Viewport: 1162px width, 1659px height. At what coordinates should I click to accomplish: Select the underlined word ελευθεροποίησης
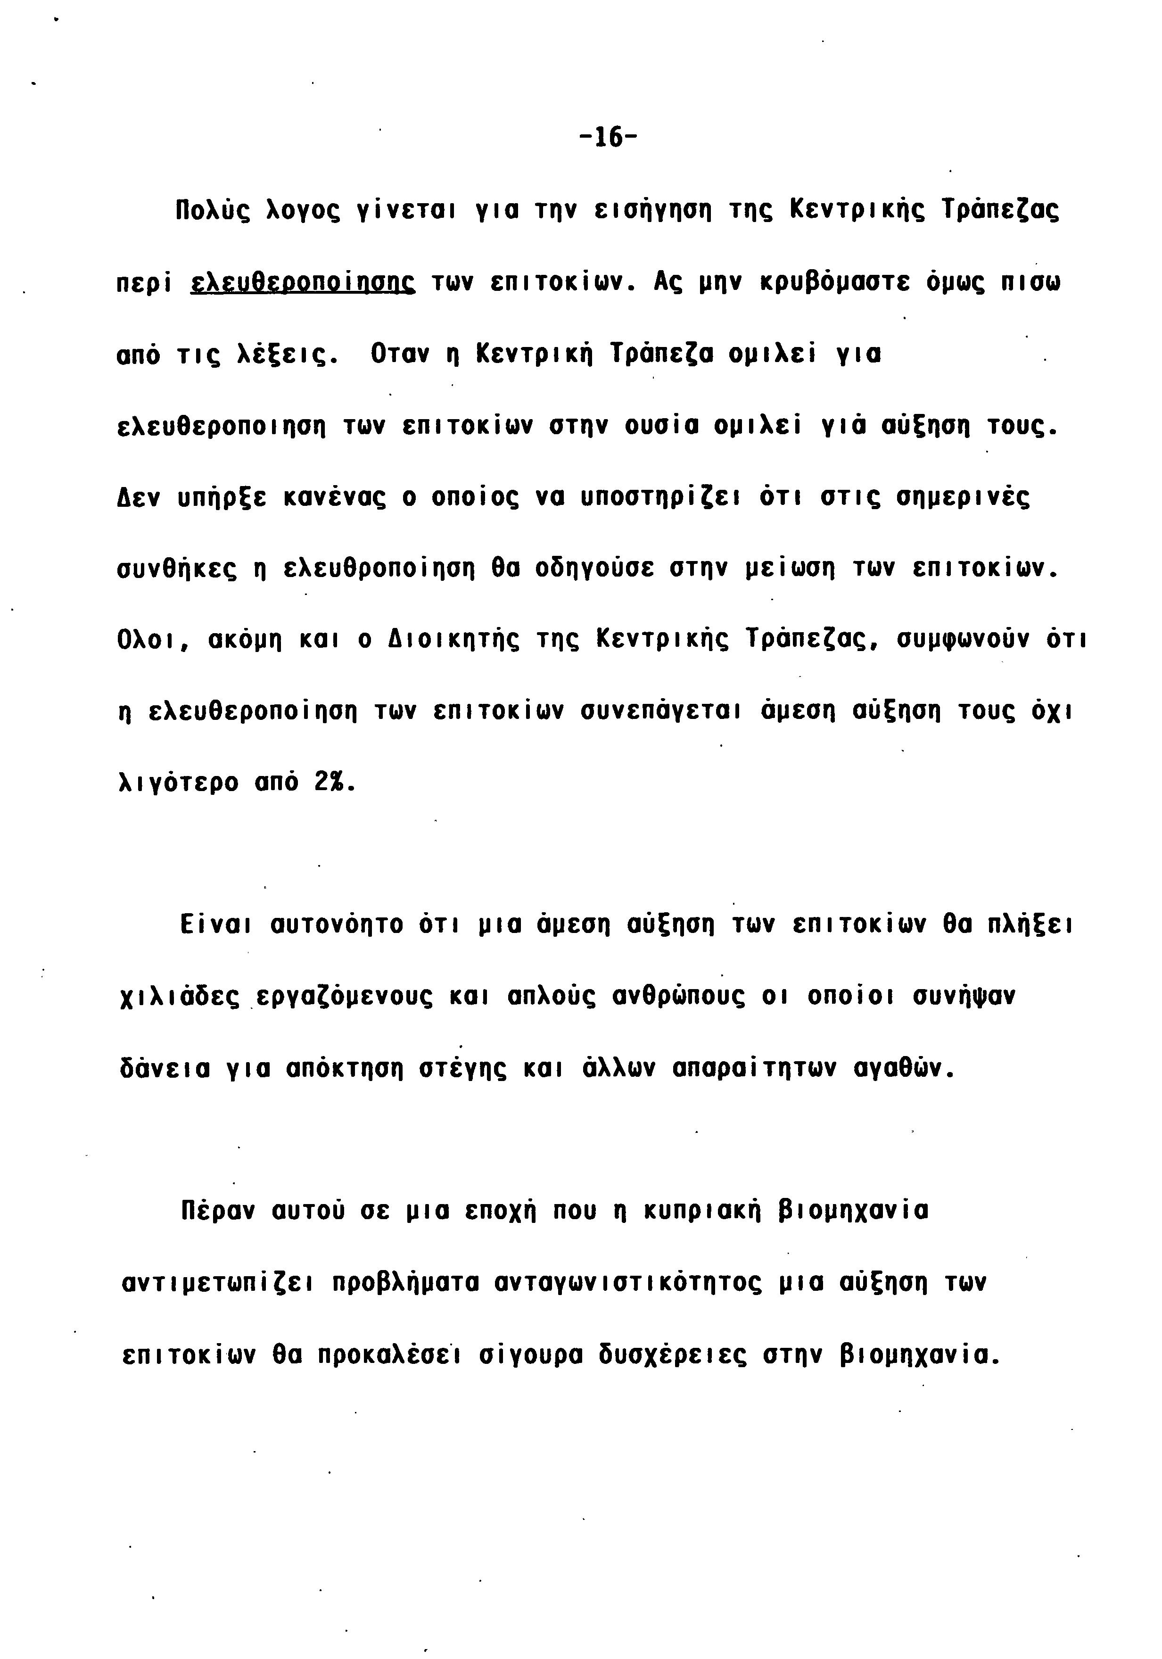302,282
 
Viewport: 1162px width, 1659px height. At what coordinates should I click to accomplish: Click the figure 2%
331,783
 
